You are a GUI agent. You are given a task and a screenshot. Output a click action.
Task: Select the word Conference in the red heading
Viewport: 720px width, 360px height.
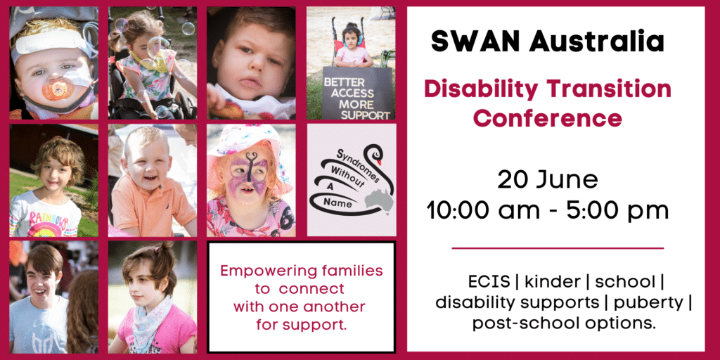(547, 118)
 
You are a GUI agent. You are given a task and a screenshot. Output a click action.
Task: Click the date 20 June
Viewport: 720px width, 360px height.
(548, 180)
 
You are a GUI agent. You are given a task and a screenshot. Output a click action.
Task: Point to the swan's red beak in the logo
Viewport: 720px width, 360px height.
(378, 161)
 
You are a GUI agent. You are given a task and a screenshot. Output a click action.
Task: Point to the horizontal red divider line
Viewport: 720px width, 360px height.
(558, 248)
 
